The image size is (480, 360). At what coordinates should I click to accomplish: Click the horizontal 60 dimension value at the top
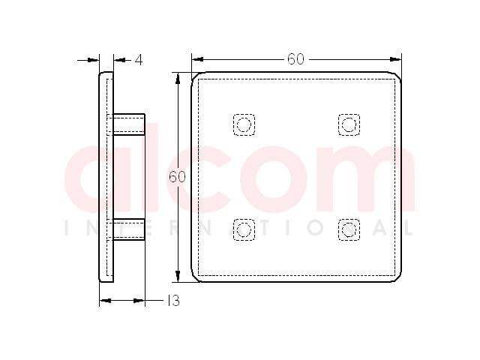coord(295,59)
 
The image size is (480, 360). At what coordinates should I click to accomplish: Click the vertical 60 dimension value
coord(177,177)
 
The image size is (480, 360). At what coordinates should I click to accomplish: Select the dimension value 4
coord(139,60)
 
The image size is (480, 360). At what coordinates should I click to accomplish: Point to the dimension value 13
coord(173,301)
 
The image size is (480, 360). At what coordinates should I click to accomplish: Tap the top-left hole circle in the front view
coord(244,124)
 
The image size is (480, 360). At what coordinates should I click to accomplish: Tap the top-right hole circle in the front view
coord(349,124)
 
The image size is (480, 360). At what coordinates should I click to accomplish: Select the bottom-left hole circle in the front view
coord(244,229)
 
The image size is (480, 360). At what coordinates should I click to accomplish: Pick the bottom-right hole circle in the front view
coord(349,229)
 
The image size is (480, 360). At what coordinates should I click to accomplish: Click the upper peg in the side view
coord(129,124)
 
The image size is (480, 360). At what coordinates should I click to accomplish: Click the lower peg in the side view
coord(129,229)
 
